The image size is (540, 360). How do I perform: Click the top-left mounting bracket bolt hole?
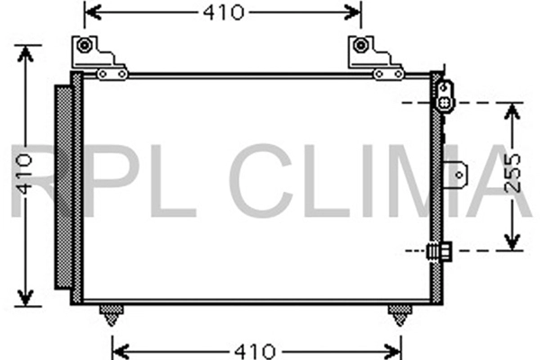point(85,45)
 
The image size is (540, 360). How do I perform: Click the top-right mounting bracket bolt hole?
point(361,45)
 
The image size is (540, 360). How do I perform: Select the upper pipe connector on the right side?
point(444,95)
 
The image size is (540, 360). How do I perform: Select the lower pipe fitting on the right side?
point(441,252)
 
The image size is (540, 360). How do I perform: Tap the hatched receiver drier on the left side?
point(64,186)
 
